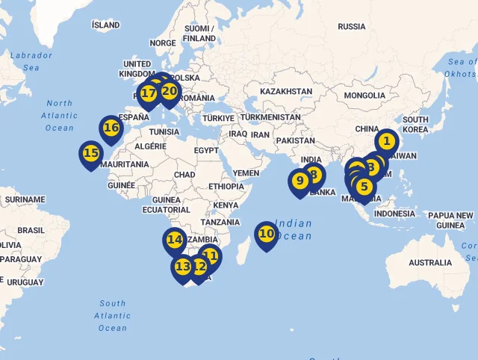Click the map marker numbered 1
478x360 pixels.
click(x=386, y=141)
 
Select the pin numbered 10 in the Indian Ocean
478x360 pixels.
click(x=267, y=235)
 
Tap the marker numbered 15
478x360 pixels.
click(x=91, y=154)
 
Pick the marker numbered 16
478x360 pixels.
click(x=111, y=128)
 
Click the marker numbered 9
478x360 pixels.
click(x=299, y=181)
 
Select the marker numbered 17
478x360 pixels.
click(x=149, y=94)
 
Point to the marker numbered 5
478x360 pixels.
click(x=364, y=187)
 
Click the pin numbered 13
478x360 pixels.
click(x=183, y=267)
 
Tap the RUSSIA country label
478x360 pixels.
click(x=351, y=26)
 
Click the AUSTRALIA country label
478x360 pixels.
click(x=430, y=262)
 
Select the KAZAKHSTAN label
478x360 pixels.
click(x=286, y=91)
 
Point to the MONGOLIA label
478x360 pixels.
click(x=364, y=96)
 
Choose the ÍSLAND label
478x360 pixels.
click(x=105, y=25)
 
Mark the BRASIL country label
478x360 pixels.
click(x=31, y=230)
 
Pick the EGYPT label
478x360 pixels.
click(x=206, y=150)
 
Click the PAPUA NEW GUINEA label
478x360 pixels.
click(x=450, y=220)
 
